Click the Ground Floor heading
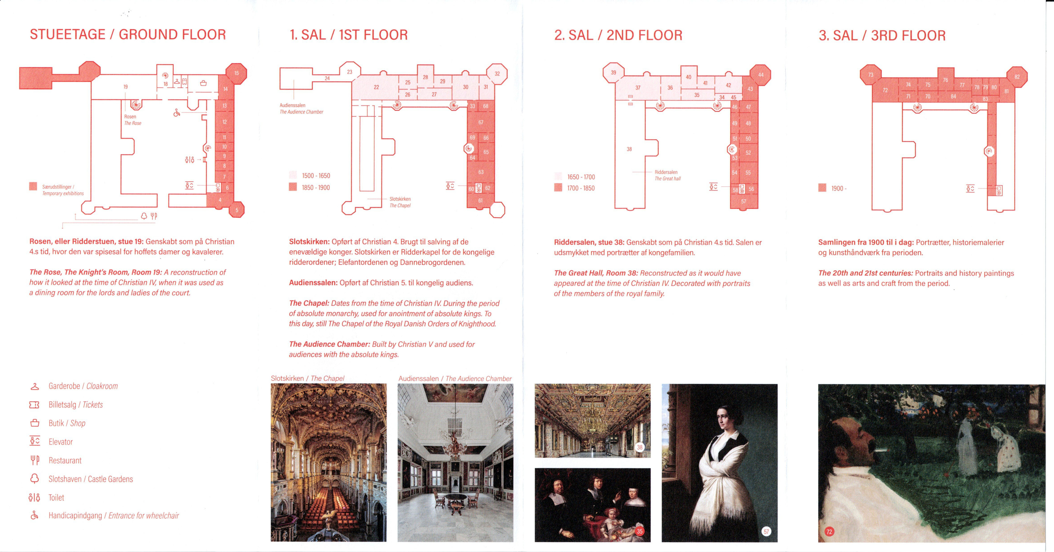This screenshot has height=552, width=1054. (128, 34)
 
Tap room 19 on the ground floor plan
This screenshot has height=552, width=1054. (126, 87)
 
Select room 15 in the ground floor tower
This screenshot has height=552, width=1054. (237, 73)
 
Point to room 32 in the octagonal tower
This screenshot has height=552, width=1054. (497, 74)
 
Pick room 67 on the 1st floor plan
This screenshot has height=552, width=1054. (481, 122)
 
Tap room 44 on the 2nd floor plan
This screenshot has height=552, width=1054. (761, 75)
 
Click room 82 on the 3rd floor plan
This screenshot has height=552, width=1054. (1017, 77)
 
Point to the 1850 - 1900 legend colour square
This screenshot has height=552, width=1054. (293, 187)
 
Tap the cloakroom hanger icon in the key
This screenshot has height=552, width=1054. (35, 386)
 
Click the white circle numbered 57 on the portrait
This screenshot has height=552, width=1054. (766, 532)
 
